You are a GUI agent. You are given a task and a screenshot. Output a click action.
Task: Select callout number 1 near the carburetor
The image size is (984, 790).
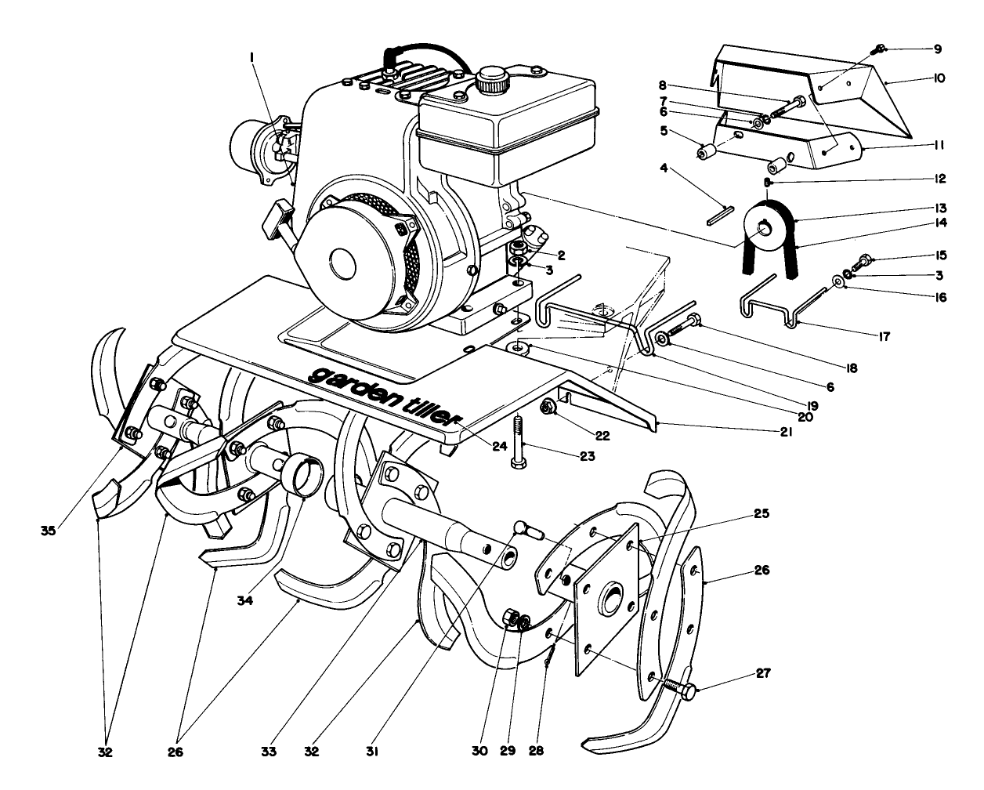coord(252,57)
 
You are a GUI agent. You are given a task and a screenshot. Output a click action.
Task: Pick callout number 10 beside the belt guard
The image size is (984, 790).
coord(939,78)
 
